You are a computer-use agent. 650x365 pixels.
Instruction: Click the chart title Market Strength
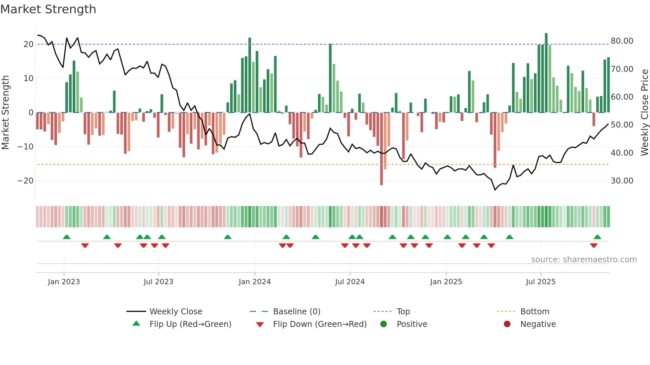48,9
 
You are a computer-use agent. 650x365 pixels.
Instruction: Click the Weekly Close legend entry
175,312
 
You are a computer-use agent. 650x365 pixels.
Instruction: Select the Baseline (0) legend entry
296,312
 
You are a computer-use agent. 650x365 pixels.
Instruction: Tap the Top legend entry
403,312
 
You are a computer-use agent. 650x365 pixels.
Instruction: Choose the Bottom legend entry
535,312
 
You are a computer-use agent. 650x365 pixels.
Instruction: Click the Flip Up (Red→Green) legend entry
190,324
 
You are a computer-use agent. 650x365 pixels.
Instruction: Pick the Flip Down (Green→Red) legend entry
320,324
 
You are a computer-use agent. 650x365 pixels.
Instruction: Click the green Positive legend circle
384,324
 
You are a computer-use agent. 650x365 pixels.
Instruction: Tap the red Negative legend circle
507,324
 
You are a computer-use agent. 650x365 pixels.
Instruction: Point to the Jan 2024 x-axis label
255,282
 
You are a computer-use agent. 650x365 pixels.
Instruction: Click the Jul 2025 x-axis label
541,282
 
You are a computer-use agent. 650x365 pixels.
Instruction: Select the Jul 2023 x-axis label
159,282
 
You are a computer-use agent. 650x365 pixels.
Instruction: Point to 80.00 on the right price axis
622,41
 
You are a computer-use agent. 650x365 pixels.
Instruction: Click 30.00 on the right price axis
622,181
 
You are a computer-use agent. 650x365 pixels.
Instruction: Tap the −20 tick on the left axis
26,181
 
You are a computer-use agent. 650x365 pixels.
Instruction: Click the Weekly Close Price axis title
644,113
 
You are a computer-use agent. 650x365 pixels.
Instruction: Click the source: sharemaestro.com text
584,260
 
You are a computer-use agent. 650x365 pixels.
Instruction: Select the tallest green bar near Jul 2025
546,73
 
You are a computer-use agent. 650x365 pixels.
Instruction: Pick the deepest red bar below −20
381,149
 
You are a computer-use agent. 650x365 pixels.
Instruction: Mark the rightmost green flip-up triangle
597,237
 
